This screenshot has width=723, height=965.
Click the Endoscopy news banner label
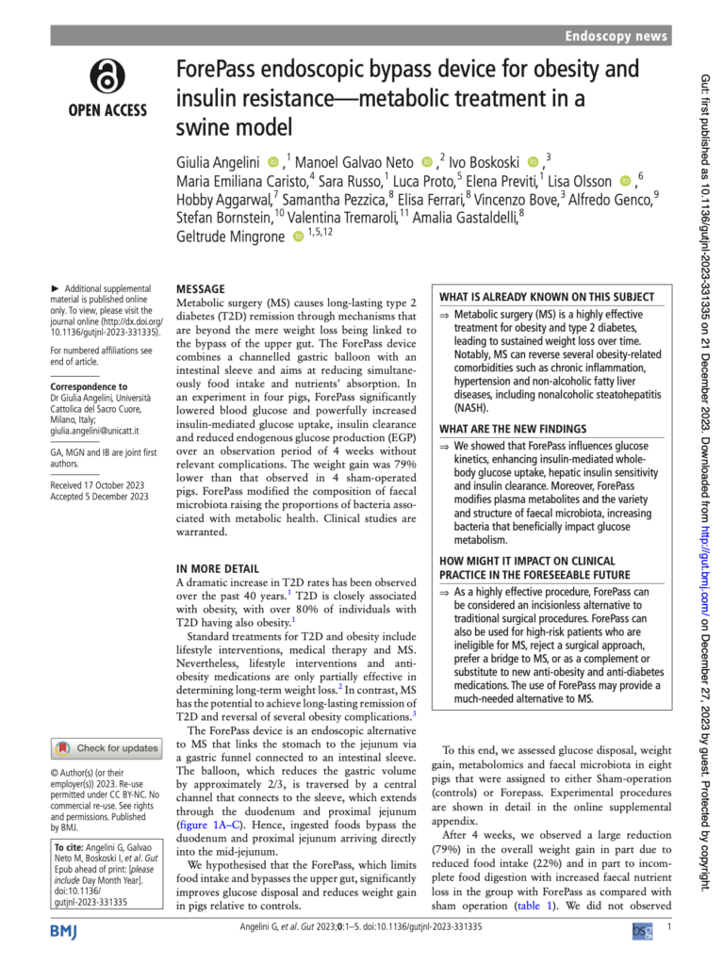(x=616, y=37)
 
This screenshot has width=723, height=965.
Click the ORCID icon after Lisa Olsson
(x=625, y=179)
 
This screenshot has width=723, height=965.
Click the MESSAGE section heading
(x=201, y=288)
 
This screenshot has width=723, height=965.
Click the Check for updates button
(x=106, y=748)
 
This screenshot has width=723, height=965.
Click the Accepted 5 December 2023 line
(x=99, y=497)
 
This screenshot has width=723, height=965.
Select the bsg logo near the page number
(x=642, y=956)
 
